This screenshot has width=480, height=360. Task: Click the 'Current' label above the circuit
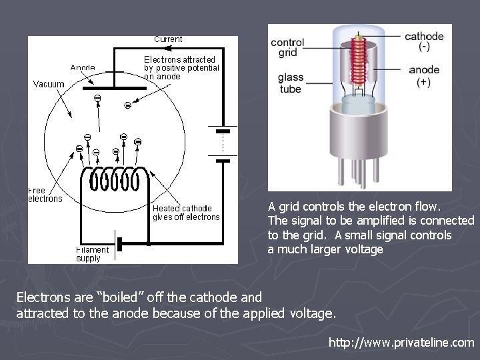[x=168, y=39]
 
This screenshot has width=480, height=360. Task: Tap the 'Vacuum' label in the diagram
[x=49, y=84]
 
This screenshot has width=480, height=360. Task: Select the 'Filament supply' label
[x=92, y=254]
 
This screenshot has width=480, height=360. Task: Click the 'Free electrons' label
[x=45, y=195]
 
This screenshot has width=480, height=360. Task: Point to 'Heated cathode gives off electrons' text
[x=186, y=213]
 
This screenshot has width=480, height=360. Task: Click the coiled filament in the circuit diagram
[x=114, y=178]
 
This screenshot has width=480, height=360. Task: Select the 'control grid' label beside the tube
[x=287, y=47]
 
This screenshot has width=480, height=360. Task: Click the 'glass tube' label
[x=291, y=83]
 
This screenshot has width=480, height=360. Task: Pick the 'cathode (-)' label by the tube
[x=424, y=41]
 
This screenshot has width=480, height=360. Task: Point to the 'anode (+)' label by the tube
[x=424, y=76]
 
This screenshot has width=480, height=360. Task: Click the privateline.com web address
[x=401, y=343]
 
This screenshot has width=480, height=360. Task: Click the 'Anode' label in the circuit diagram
[x=83, y=67]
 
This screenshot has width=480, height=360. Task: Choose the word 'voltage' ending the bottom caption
[x=312, y=313]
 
